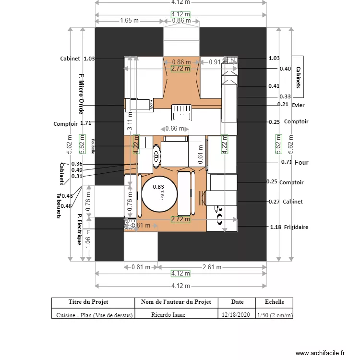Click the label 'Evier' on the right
[x=298, y=105]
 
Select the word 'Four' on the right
[x=301, y=163]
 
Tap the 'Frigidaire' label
[x=296, y=227]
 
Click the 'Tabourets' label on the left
[x=58, y=206]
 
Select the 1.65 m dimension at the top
[x=129, y=21]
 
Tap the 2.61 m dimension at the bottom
[x=212, y=267]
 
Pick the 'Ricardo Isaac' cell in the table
[x=168, y=315]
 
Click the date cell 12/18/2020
[x=237, y=315]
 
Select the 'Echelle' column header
[x=274, y=302]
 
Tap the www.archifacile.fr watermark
[x=320, y=353]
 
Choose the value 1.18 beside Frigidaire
[x=275, y=227]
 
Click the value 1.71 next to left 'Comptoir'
[x=86, y=123]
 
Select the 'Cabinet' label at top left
[x=70, y=59]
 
